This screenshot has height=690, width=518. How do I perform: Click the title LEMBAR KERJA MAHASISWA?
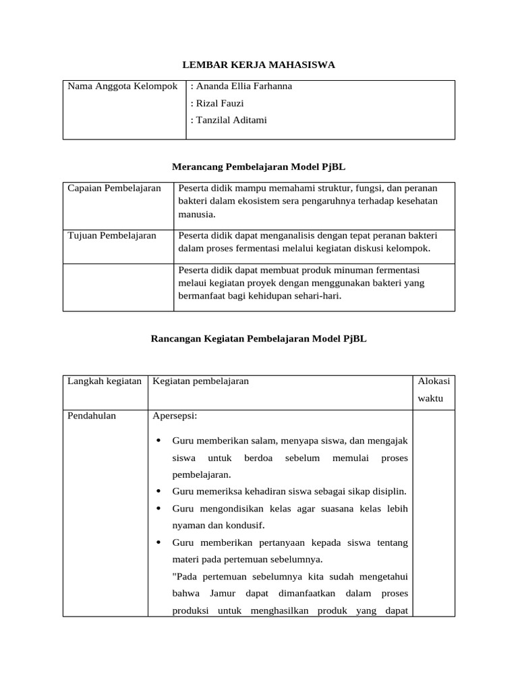tap(259, 65)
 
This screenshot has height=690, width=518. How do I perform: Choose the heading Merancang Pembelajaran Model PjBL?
tap(259, 166)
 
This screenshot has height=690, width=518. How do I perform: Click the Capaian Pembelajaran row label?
tap(115, 188)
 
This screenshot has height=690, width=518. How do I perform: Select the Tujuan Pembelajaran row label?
tap(112, 235)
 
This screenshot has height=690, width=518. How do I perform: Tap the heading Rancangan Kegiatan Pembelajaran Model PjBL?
tap(258, 339)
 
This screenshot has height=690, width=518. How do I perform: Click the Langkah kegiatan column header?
tap(105, 381)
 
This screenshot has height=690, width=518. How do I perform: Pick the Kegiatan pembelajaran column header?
tap(201, 381)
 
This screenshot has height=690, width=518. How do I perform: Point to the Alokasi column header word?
tap(434, 381)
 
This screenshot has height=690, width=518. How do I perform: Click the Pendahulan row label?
tap(92, 416)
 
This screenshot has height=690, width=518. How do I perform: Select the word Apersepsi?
tap(175, 416)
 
